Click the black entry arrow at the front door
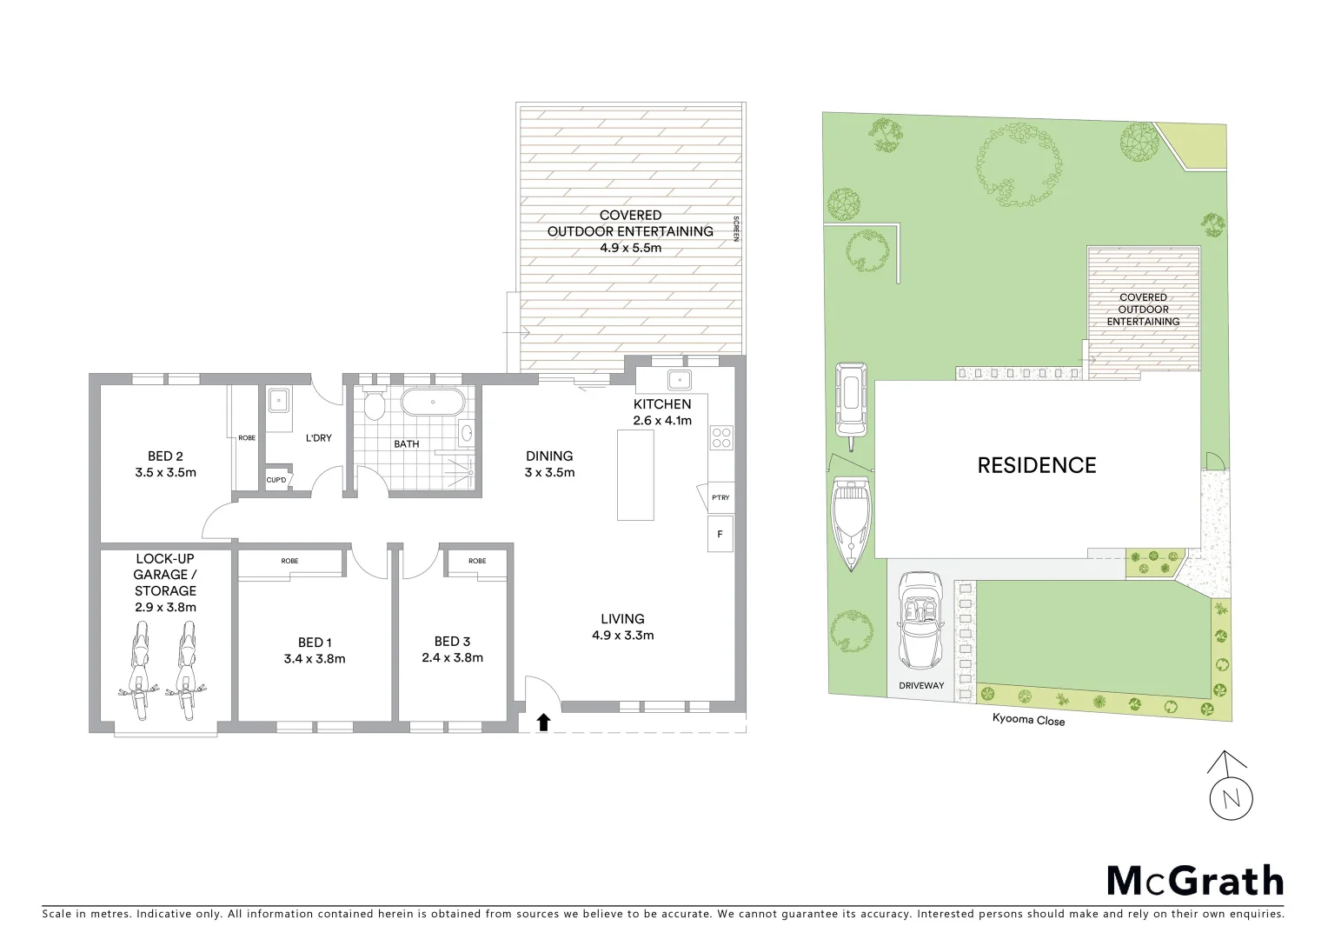543,721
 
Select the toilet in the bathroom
374,405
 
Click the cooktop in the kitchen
721,436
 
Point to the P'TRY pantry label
720,498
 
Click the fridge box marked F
720,534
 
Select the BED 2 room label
165,456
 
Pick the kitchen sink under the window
678,380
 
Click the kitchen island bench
635,475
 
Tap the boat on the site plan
849,523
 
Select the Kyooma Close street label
1028,720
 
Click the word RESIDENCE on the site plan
1036,465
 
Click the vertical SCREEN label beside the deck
736,228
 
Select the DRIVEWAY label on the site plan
921,685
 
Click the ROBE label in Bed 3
477,561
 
